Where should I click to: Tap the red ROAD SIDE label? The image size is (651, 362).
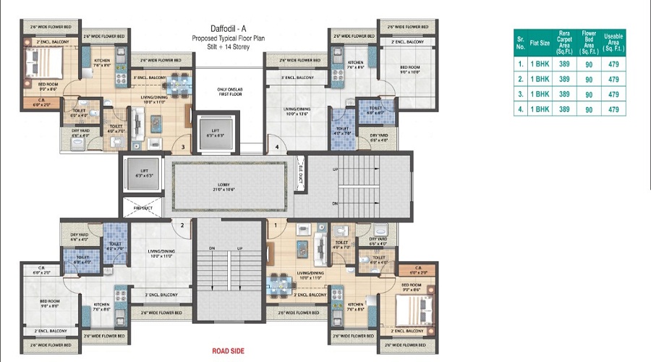pyautogui.click(x=228, y=351)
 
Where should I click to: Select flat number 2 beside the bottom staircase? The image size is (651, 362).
pyautogui.click(x=182, y=225)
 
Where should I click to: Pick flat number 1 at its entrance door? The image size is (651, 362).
pyautogui.click(x=276, y=225)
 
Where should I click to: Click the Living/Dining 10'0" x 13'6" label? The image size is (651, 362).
pyautogui.click(x=299, y=111)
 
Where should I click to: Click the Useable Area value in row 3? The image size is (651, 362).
pyautogui.click(x=613, y=94)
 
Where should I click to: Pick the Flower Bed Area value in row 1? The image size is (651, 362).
pyautogui.click(x=590, y=63)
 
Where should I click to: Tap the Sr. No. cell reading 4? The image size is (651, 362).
pyautogui.click(x=519, y=109)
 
